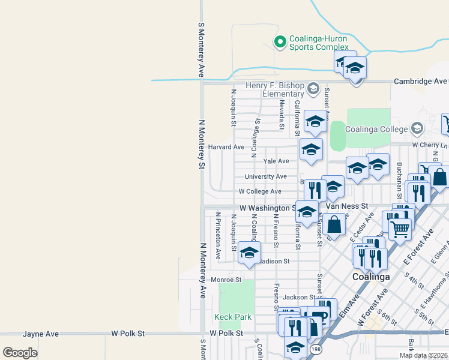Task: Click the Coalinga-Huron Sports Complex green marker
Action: click(x=279, y=41)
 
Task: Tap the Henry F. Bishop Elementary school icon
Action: click(x=313, y=89)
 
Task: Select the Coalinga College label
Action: click(x=379, y=128)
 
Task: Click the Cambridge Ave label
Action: click(x=420, y=81)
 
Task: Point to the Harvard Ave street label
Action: click(x=226, y=147)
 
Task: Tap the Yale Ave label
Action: click(x=276, y=161)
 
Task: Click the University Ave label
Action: click(x=266, y=176)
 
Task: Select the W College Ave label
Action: click(x=260, y=191)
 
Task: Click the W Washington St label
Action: click(x=268, y=208)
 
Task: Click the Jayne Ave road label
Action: click(x=41, y=333)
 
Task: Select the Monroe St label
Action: click(x=226, y=280)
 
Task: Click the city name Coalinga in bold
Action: click(x=370, y=277)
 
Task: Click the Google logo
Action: click(x=20, y=352)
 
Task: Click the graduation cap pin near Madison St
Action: click(x=249, y=252)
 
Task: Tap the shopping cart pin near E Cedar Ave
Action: click(x=400, y=228)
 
